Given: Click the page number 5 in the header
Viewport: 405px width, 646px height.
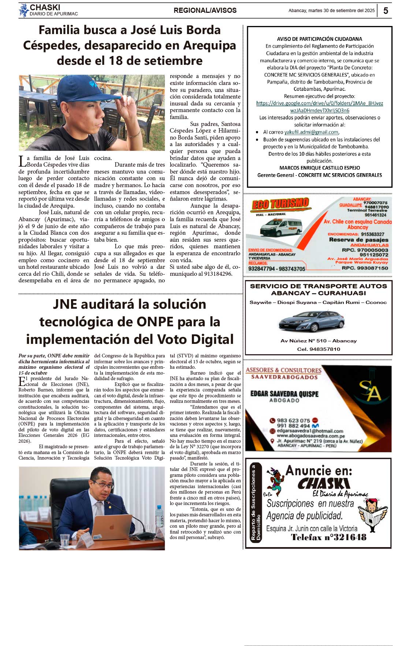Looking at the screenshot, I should (386, 11).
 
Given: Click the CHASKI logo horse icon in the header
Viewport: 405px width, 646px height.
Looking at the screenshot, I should (24, 10).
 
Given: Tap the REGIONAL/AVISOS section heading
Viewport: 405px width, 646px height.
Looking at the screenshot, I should (205, 11).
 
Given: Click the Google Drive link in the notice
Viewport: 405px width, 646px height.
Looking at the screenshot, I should (319, 107).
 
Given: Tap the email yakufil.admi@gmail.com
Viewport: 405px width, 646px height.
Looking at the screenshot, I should (311, 132).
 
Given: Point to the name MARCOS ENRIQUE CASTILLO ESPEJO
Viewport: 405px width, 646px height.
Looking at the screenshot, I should (319, 168).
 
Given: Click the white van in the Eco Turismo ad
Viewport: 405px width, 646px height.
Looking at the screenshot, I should (281, 227).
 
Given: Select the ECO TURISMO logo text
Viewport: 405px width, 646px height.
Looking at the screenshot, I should (280, 204).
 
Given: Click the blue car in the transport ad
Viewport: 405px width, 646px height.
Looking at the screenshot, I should (312, 321).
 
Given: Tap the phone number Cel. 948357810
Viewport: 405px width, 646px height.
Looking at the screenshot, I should (319, 349).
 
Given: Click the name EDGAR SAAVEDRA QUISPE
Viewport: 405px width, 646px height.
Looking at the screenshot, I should (284, 394).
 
